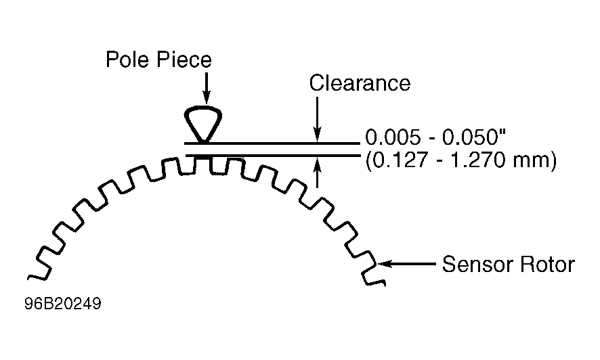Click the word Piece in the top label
coord(184,60)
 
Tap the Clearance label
coord(360,83)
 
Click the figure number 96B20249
coord(63,304)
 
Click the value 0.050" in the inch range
coord(474,137)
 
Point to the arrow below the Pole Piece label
coord(207,88)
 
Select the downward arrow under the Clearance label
coord(317,119)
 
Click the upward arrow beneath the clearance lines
coord(317,173)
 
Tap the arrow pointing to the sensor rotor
coord(407,264)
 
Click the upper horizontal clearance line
coord(272,143)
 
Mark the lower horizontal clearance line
coord(272,156)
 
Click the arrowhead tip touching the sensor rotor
coord(379,264)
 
